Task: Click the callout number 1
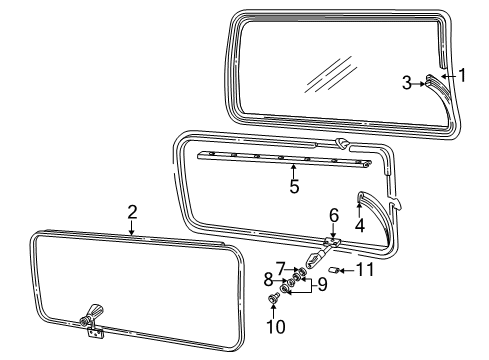462,74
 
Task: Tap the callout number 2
132,211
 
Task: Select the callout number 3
407,84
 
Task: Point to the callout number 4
359,225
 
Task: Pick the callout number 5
292,186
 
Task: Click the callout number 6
334,214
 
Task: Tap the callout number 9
321,283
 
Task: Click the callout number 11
366,271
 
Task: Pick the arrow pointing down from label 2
132,227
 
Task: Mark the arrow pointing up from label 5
292,170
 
